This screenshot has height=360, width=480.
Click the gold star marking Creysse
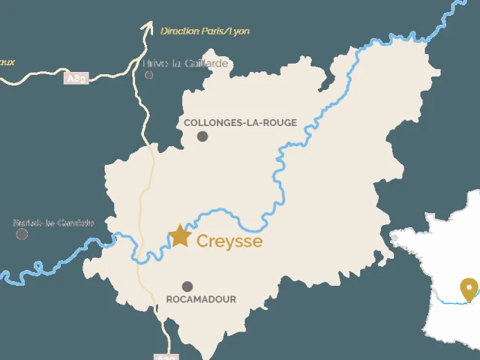[x=180, y=235]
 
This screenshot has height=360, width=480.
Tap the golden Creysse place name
[x=229, y=241]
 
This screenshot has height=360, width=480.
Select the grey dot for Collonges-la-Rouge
[x=202, y=136]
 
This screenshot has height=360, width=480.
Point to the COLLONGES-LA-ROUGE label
[x=240, y=122]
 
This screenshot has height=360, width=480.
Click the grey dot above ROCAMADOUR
[x=187, y=286]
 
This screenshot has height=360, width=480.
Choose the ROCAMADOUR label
[x=201, y=299]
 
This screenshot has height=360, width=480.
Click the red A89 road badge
[x=76, y=78]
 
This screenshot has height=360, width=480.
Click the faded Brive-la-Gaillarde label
[x=186, y=64]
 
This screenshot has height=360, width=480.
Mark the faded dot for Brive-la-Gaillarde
[x=149, y=75]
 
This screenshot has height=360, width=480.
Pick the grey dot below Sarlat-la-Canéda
[x=22, y=234]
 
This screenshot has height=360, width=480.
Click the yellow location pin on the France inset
[x=469, y=288]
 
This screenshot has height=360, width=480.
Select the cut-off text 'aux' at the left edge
[x=7, y=62]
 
